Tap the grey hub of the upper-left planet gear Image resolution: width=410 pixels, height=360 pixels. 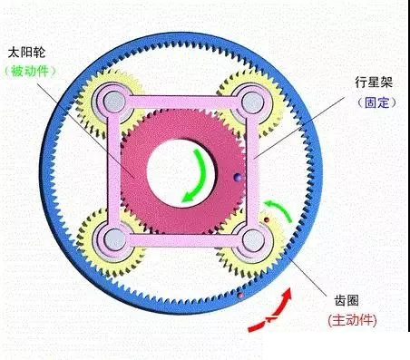tap(114, 102)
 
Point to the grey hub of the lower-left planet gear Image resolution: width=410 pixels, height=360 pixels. tap(114, 238)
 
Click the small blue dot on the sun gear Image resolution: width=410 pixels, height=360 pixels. tap(237, 177)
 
